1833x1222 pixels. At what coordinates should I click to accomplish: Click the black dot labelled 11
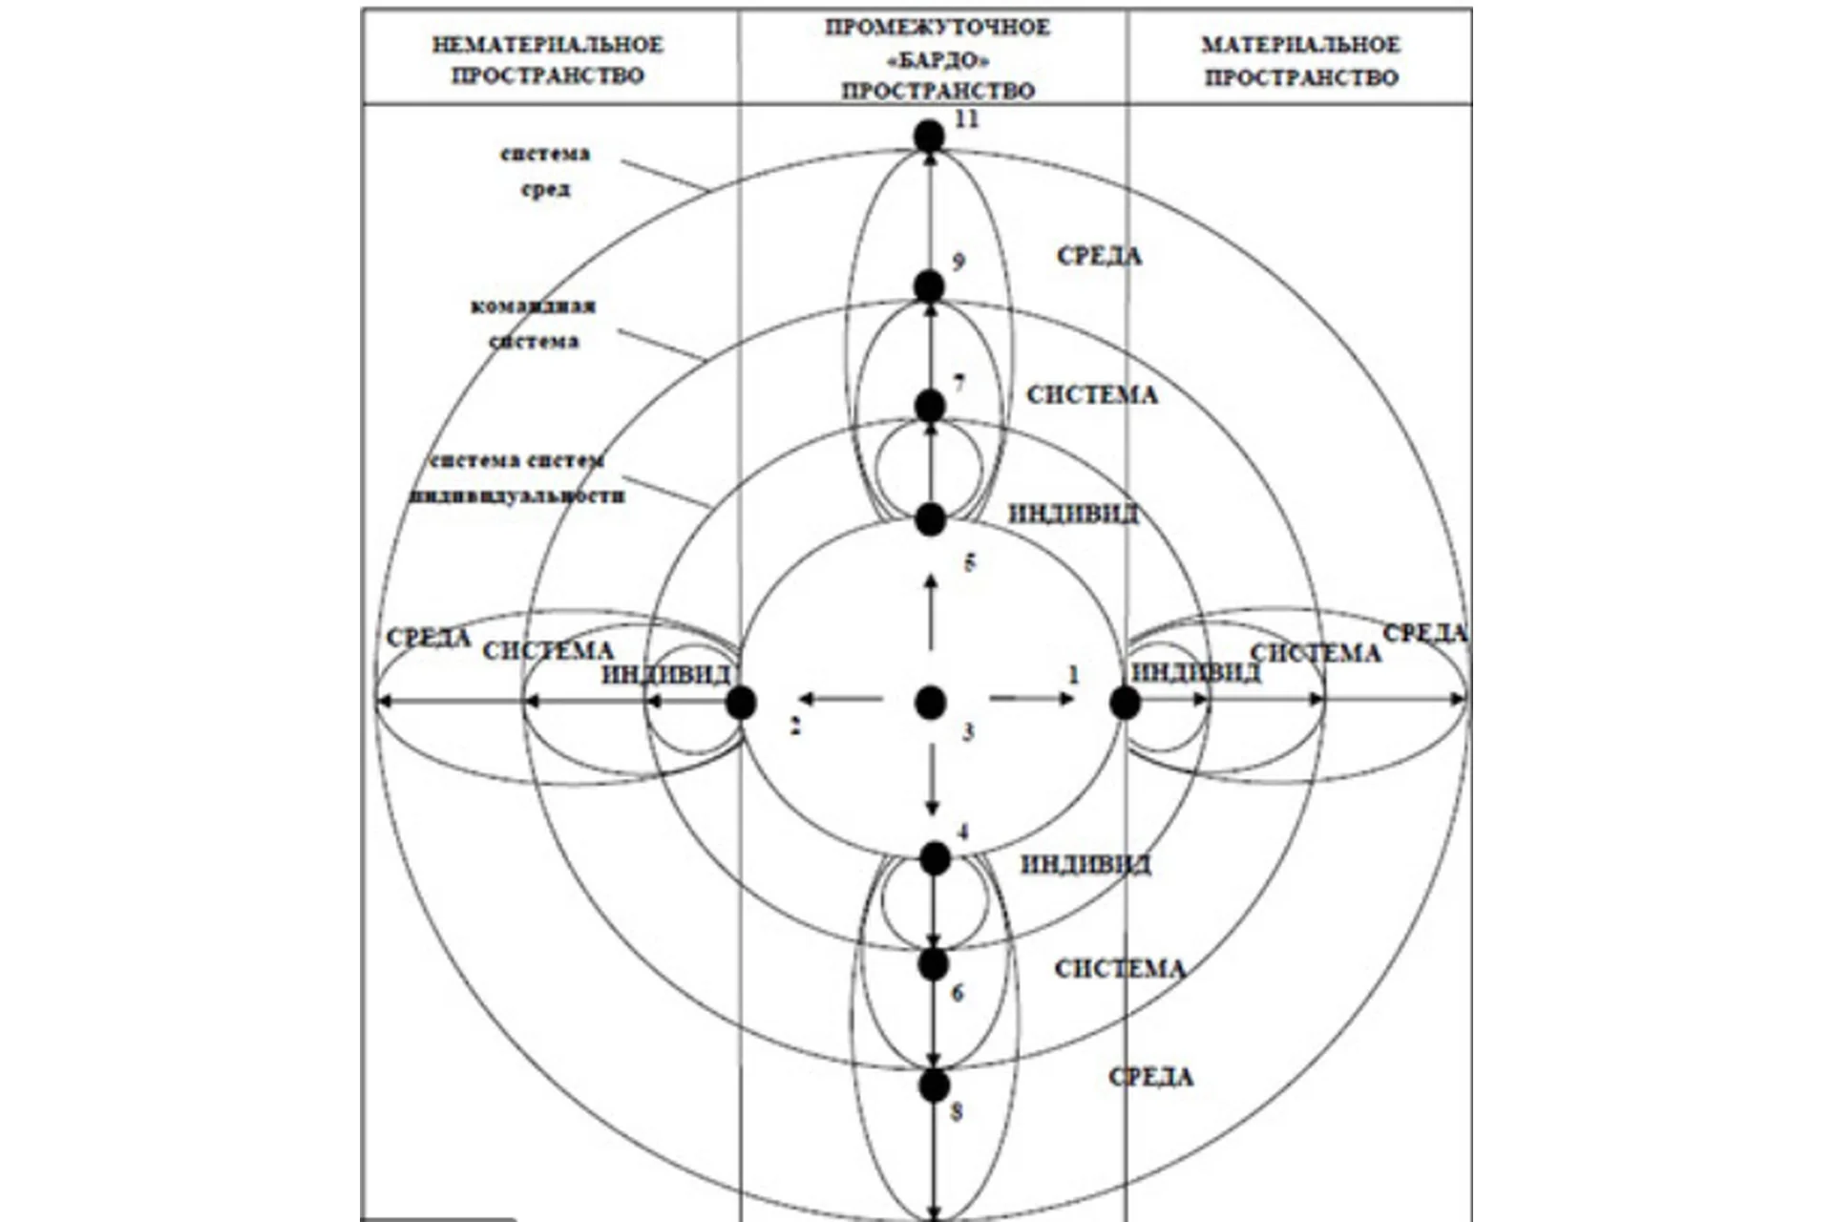(929, 137)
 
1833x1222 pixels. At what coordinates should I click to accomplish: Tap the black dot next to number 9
(929, 286)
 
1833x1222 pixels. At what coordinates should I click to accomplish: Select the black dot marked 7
(930, 407)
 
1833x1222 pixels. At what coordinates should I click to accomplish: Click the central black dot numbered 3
(931, 703)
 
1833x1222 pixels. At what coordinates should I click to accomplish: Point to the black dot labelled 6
(934, 964)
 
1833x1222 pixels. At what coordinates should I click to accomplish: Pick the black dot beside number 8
(934, 1085)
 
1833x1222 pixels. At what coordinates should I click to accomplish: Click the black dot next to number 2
(741, 703)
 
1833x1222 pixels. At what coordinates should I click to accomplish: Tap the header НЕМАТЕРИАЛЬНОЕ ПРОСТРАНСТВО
(548, 59)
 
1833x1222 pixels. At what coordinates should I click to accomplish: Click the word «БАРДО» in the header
(938, 60)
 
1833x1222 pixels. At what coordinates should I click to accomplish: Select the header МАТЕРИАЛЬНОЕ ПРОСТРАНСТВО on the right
(1301, 60)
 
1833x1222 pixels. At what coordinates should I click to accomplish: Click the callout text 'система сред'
(545, 171)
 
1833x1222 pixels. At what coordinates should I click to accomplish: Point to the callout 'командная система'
(534, 324)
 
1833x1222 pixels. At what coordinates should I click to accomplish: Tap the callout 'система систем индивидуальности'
(517, 478)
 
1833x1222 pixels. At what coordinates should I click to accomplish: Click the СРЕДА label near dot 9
(1099, 256)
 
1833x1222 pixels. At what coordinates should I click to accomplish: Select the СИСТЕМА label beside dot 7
(1092, 395)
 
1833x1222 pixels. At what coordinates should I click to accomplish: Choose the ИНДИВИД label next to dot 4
(1085, 865)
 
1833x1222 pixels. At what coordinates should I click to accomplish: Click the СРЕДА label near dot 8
(1150, 1077)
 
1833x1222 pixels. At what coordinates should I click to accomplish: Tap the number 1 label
(1073, 676)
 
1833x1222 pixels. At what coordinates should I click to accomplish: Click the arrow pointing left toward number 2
(840, 700)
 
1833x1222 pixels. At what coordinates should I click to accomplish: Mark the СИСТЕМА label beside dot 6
(1120, 969)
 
